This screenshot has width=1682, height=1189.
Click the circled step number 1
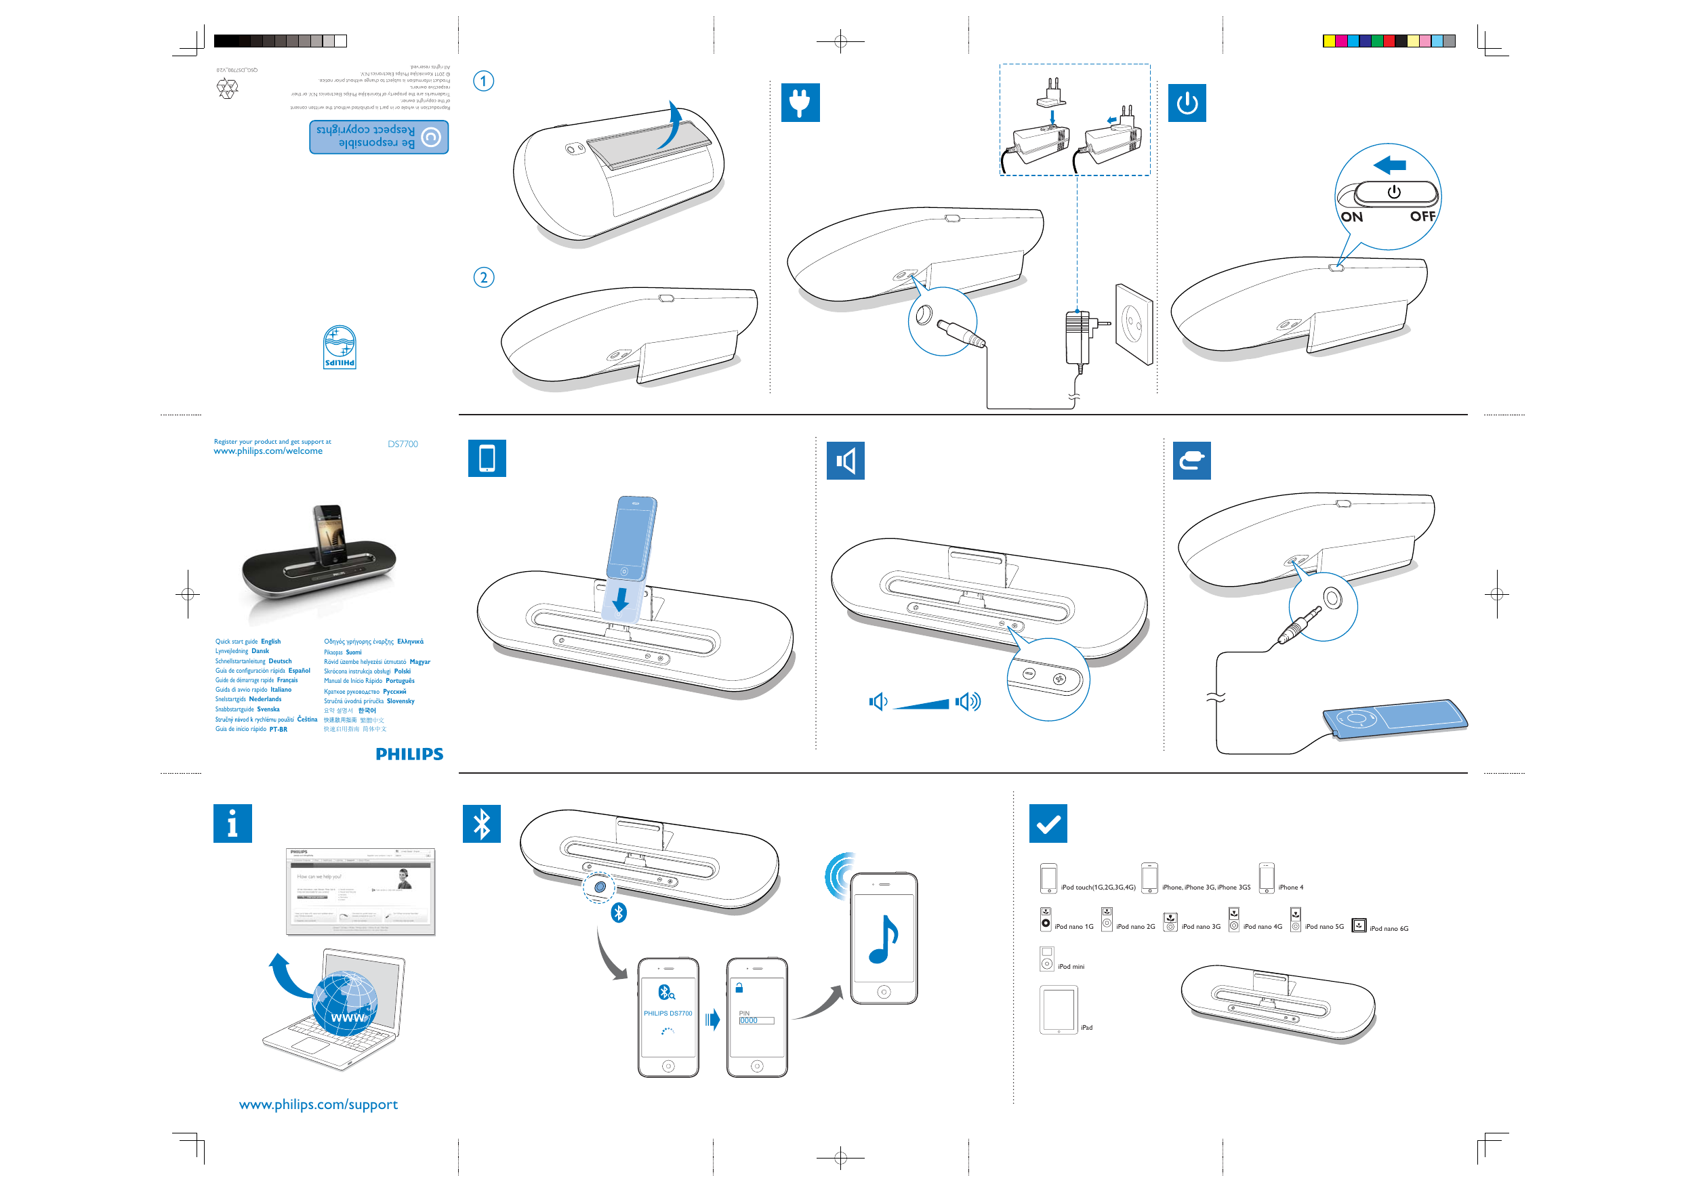(x=483, y=81)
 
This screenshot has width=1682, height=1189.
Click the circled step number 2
(x=483, y=278)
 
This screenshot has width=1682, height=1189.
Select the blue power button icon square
(x=1187, y=103)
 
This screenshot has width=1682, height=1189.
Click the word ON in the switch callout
(x=1351, y=217)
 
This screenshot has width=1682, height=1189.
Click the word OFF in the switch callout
(x=1422, y=216)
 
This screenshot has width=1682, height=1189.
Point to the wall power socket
(x=1134, y=324)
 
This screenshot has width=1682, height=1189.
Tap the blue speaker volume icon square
(x=845, y=461)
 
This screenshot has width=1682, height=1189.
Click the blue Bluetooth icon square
(x=481, y=824)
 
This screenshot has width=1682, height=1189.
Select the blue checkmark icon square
(x=1048, y=824)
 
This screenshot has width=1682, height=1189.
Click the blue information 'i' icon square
(x=232, y=824)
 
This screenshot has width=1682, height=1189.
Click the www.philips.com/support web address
(x=318, y=1104)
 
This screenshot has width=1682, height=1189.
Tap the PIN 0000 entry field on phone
(x=756, y=1020)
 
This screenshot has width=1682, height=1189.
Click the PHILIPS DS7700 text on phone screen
(x=668, y=1013)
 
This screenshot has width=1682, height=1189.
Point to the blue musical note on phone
(x=883, y=939)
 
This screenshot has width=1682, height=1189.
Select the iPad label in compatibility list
(x=1086, y=1028)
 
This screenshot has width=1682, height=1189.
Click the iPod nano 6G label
(x=1389, y=929)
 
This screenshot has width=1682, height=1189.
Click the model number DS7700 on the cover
(x=403, y=444)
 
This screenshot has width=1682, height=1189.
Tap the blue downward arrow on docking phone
(x=621, y=600)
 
